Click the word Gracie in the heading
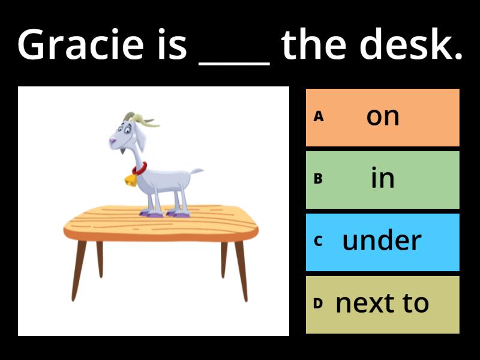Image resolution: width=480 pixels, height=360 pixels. [80, 44]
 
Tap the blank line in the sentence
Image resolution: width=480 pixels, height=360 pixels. [234, 64]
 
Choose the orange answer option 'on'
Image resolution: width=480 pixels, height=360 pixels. [383, 118]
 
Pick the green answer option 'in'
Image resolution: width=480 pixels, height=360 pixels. [383, 180]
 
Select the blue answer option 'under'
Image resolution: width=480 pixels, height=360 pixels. [383, 242]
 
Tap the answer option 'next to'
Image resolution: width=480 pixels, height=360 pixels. [383, 305]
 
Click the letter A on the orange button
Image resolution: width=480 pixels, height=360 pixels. [319, 116]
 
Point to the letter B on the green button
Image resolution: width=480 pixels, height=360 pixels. [318, 178]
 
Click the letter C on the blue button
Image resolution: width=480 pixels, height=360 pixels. [318, 241]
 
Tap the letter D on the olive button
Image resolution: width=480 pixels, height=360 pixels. [318, 304]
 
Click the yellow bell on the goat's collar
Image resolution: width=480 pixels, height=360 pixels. [131, 181]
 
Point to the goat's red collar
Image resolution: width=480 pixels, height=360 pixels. [140, 169]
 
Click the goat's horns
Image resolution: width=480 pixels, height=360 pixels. [140, 119]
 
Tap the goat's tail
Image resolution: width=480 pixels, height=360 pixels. [196, 172]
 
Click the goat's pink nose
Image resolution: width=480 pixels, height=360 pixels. [113, 141]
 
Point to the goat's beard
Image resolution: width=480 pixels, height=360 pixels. [122, 151]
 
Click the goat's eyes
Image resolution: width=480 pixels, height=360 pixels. [124, 129]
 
